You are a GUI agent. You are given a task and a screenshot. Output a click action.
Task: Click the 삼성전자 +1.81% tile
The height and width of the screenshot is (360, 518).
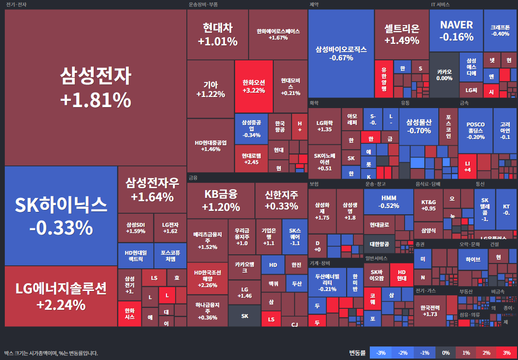tap(95, 87)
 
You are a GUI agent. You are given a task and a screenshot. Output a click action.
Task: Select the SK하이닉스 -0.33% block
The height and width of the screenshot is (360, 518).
tap(61, 216)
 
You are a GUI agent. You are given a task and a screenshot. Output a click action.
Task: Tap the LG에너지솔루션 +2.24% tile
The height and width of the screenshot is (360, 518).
tap(61, 296)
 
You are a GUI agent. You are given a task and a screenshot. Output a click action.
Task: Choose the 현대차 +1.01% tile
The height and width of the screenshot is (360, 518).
tap(217, 34)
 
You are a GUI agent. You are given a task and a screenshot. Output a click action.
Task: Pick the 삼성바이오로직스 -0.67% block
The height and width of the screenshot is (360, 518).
tap(341, 54)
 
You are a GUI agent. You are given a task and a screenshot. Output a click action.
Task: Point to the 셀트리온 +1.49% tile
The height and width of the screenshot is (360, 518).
tap(402, 34)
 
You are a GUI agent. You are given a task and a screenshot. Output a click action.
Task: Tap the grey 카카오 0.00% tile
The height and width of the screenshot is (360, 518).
tap(444, 75)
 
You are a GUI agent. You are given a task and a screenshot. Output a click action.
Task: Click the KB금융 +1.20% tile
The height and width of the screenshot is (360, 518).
tap(221, 200)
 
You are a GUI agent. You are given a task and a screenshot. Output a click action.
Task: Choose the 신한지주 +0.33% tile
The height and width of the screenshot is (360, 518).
tap(281, 200)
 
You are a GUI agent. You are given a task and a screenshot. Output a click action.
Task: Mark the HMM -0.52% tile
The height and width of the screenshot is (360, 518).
tap(389, 202)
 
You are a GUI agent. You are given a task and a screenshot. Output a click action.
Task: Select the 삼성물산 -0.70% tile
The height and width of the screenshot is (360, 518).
tap(419, 126)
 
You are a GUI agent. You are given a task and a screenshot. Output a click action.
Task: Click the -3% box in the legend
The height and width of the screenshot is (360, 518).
tap(380, 353)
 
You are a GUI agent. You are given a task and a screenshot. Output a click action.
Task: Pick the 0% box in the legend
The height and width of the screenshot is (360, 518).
tap(446, 353)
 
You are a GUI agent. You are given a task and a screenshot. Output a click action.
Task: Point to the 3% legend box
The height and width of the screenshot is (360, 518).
tap(506, 353)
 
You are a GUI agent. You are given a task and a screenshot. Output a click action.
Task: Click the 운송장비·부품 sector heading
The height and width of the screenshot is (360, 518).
tap(203, 4)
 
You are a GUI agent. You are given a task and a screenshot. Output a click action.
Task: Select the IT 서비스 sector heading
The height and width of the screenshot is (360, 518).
tap(440, 4)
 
